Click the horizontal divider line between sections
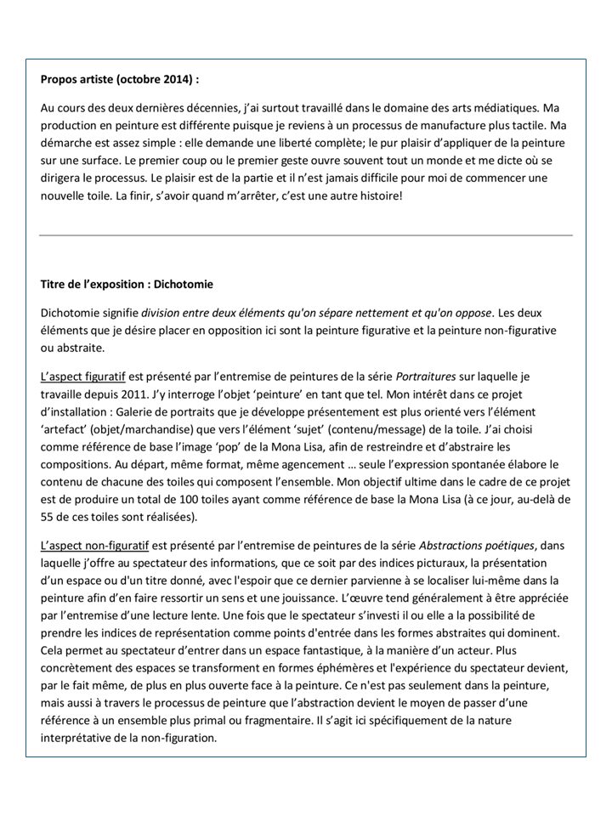(306, 235)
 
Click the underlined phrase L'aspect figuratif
(82, 376)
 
